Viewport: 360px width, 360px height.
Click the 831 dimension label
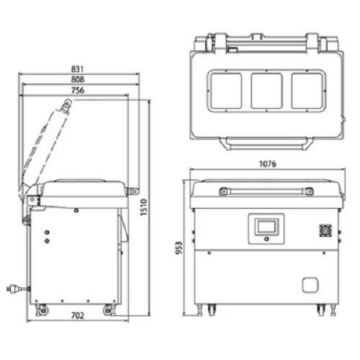pyautogui.click(x=77, y=69)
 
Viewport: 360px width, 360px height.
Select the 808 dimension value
pyautogui.click(x=78, y=79)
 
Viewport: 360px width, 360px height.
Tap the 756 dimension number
pyautogui.click(x=78, y=91)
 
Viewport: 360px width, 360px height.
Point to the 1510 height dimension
pyautogui.click(x=143, y=207)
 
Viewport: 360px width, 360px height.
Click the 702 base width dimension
pyautogui.click(x=78, y=315)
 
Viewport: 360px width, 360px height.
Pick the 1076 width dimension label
pyautogui.click(x=268, y=164)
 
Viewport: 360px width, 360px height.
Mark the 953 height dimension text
pyautogui.click(x=179, y=248)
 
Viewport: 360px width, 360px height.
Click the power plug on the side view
pyautogui.click(x=17, y=288)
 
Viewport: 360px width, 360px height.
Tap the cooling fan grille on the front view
pyautogui.click(x=325, y=231)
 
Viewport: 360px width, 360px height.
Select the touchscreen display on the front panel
pyautogui.click(x=266, y=226)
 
